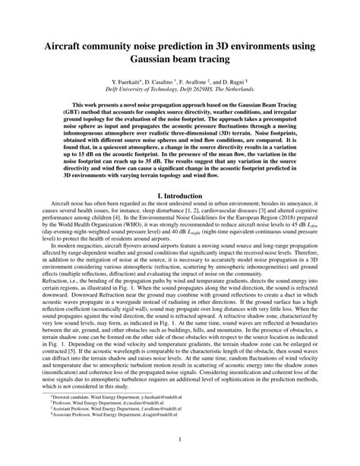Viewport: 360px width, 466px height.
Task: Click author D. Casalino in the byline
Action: coord(172,81)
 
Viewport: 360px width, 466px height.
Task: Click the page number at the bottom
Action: coord(180,439)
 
